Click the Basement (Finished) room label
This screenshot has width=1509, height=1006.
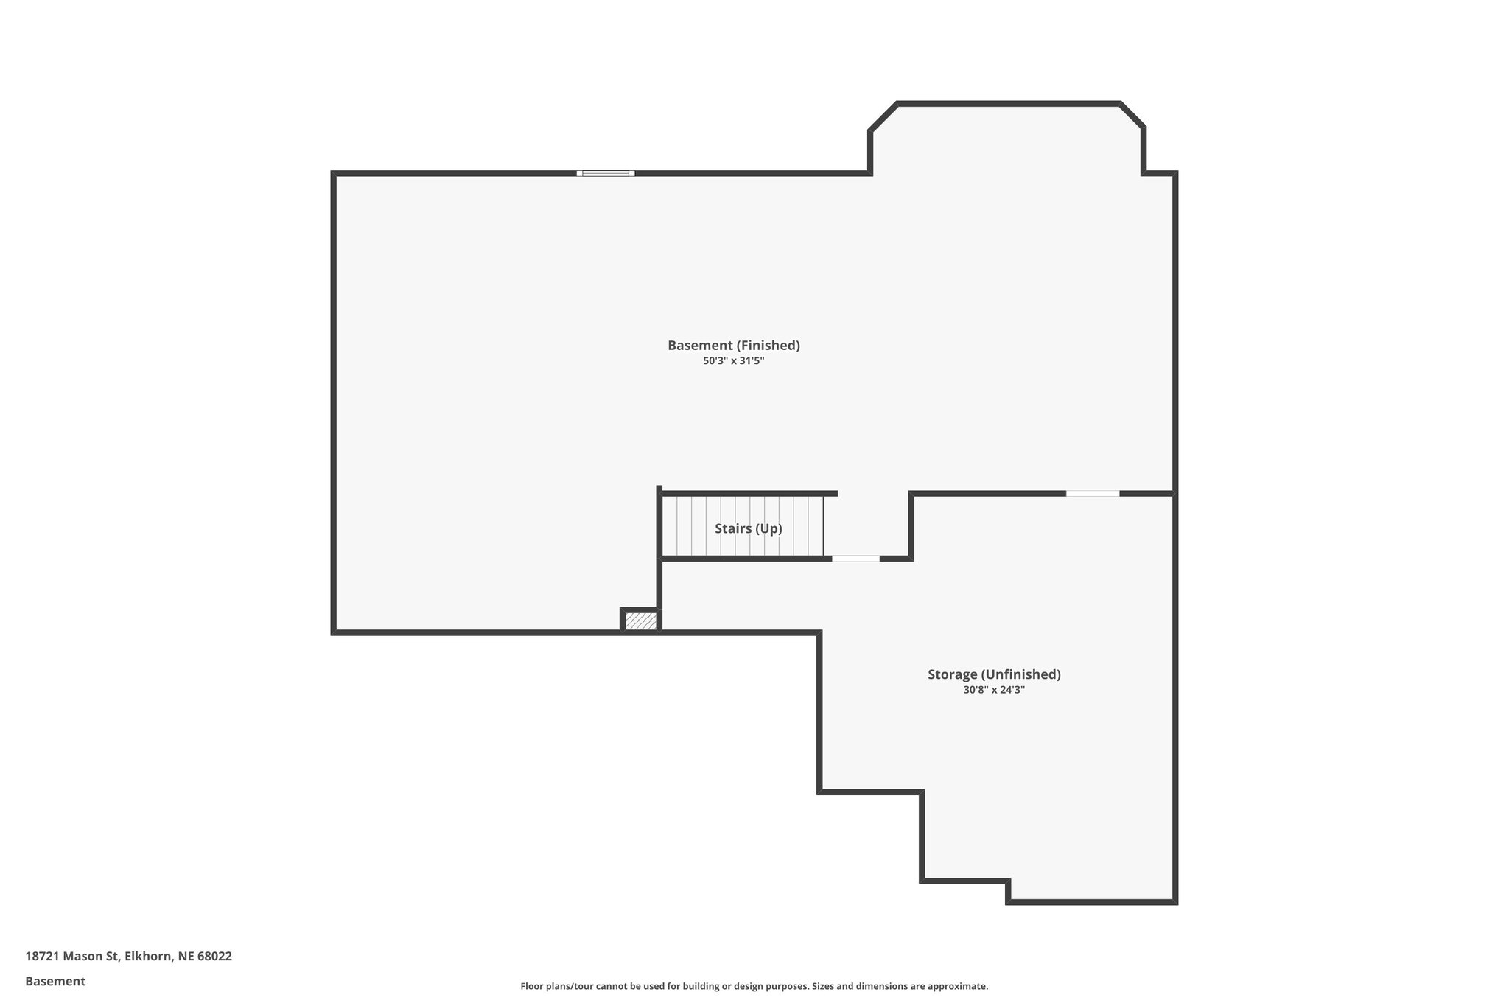tap(733, 345)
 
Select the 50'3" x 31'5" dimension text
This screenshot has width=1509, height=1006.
tap(733, 361)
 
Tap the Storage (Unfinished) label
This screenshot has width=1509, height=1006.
tap(993, 674)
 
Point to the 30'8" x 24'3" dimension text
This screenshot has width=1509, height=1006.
tap(993, 691)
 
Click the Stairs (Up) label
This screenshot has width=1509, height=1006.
tap(748, 528)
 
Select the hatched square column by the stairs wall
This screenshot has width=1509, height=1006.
tap(640, 621)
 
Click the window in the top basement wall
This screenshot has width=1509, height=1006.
tap(605, 173)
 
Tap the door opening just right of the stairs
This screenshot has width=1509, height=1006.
tap(855, 559)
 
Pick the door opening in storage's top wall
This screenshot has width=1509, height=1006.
tap(1092, 493)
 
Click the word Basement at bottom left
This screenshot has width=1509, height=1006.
tap(55, 981)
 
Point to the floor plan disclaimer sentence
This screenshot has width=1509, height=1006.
tap(754, 986)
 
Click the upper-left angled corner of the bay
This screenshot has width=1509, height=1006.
tap(883, 117)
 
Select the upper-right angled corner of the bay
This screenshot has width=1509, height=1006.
tap(1132, 115)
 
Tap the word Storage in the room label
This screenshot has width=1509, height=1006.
tap(952, 674)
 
